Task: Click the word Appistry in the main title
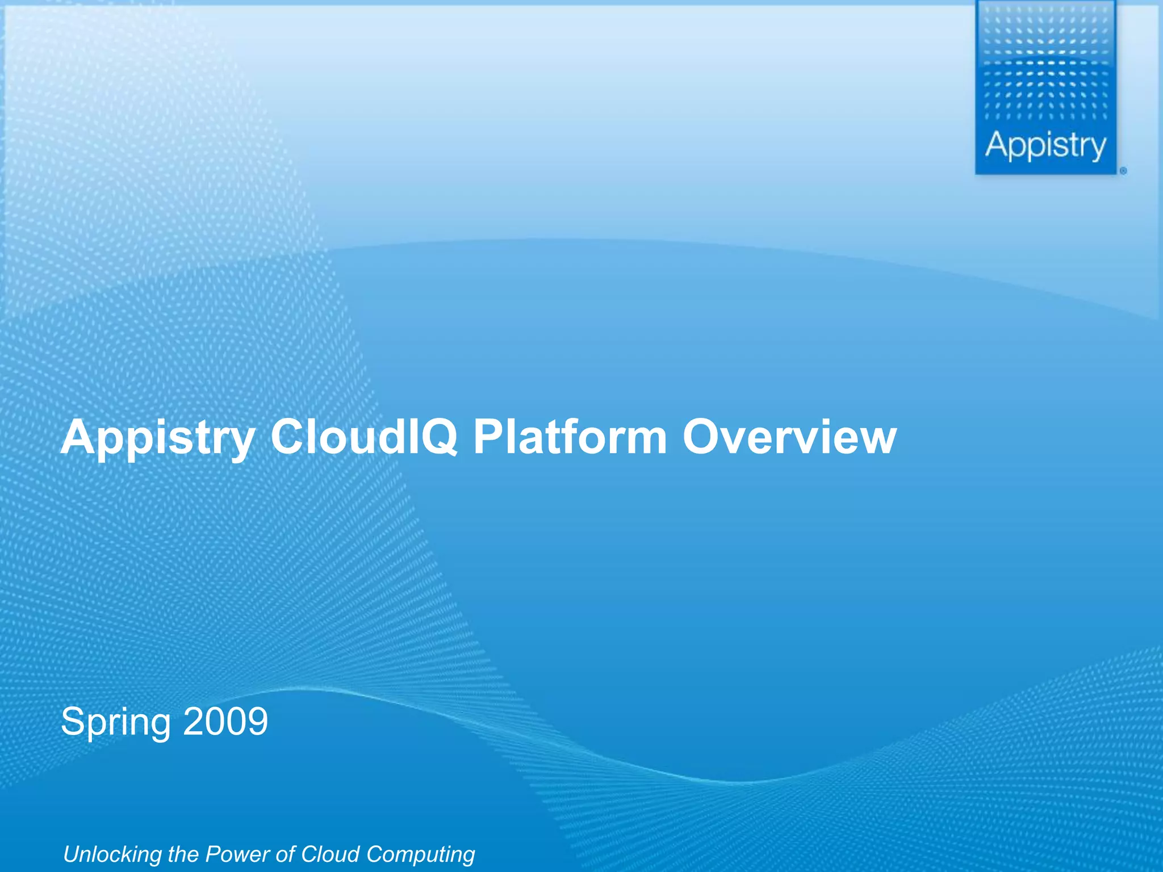click(158, 438)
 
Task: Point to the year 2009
click(225, 722)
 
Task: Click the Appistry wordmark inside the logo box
click(1045, 146)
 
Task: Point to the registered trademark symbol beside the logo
click(1123, 170)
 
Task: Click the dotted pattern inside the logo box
click(1045, 68)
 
